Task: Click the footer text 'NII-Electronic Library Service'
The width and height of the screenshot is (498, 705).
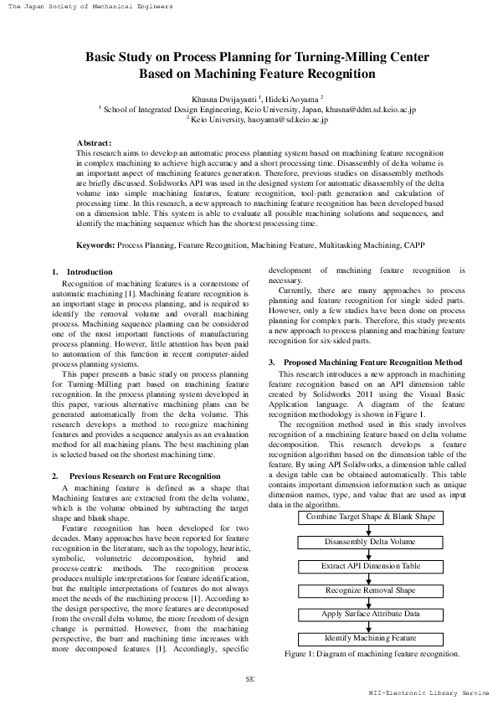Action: (429, 693)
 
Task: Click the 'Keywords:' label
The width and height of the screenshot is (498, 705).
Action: (95, 245)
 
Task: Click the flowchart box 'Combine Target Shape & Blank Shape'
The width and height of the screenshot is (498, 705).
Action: (370, 494)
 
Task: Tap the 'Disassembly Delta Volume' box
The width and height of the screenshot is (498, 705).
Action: (370, 518)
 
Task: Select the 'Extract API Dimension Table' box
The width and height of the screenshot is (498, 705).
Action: (370, 542)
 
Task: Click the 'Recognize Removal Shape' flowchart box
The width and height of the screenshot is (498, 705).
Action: (370, 566)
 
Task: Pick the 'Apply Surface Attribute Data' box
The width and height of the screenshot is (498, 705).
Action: (370, 590)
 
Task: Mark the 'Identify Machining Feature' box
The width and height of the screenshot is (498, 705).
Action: (370, 615)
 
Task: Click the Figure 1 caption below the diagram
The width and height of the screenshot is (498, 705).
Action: (372, 630)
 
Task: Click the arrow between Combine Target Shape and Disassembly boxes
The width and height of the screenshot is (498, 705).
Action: (370, 506)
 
